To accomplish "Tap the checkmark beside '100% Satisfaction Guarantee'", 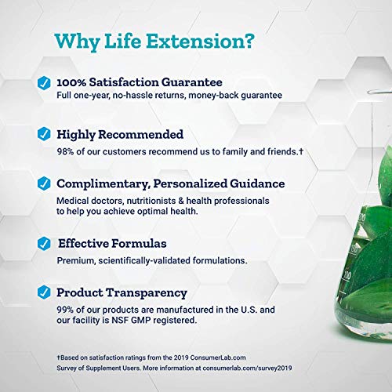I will point(45,82).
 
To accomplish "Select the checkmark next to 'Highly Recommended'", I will point(45,134).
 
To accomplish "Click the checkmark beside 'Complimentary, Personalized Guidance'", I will point(45,184).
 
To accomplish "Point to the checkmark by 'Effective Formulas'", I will point(45,242).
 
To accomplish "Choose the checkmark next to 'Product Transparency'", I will point(45,293).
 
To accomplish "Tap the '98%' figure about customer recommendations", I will point(67,151).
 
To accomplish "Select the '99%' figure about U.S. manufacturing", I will point(67,309).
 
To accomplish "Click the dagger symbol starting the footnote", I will point(58,358).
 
